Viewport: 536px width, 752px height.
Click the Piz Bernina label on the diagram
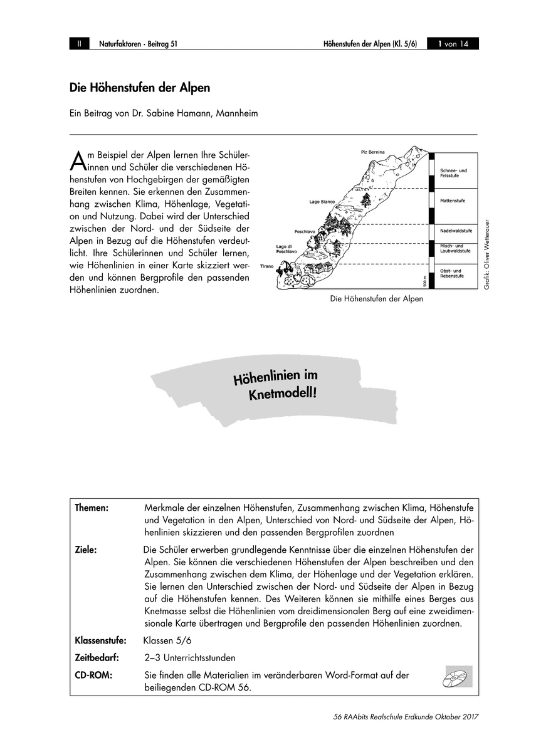point(372,151)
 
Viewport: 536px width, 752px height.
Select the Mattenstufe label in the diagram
point(452,201)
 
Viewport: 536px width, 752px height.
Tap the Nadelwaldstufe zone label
point(456,231)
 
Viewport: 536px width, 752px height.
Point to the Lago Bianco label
point(322,202)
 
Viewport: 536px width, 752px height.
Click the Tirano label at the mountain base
point(268,266)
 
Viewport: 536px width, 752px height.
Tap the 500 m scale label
point(424,281)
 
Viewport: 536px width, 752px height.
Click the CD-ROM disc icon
point(456,676)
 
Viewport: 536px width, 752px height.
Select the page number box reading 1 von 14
point(452,44)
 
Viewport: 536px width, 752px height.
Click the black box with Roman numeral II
point(80,44)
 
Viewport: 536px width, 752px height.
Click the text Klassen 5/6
point(167,640)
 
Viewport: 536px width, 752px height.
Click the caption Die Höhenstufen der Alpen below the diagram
point(376,299)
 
